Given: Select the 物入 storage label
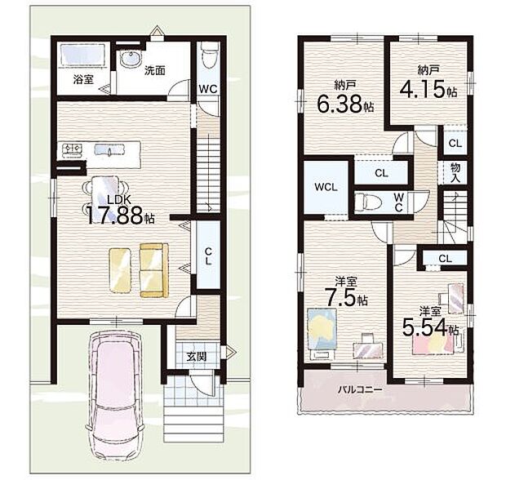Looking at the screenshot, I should point(455,171).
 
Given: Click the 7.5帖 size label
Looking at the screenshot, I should point(342,296).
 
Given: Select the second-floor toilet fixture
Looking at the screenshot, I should point(371,199).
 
